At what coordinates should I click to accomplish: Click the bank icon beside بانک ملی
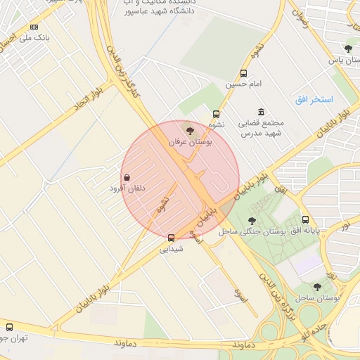[34, 27]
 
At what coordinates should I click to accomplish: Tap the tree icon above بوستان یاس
[348, 49]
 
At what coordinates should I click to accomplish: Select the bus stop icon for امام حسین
[243, 73]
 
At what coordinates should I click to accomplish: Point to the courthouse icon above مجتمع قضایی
[262, 112]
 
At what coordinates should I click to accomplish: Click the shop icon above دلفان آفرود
[127, 177]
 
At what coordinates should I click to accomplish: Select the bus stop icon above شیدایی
[171, 238]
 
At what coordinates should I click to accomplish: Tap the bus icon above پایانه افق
[306, 219]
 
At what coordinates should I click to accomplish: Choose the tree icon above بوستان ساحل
[317, 286]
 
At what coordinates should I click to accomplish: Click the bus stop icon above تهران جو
[9, 327]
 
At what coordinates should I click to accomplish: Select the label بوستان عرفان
[190, 142]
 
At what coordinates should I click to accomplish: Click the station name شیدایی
[171, 249]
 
